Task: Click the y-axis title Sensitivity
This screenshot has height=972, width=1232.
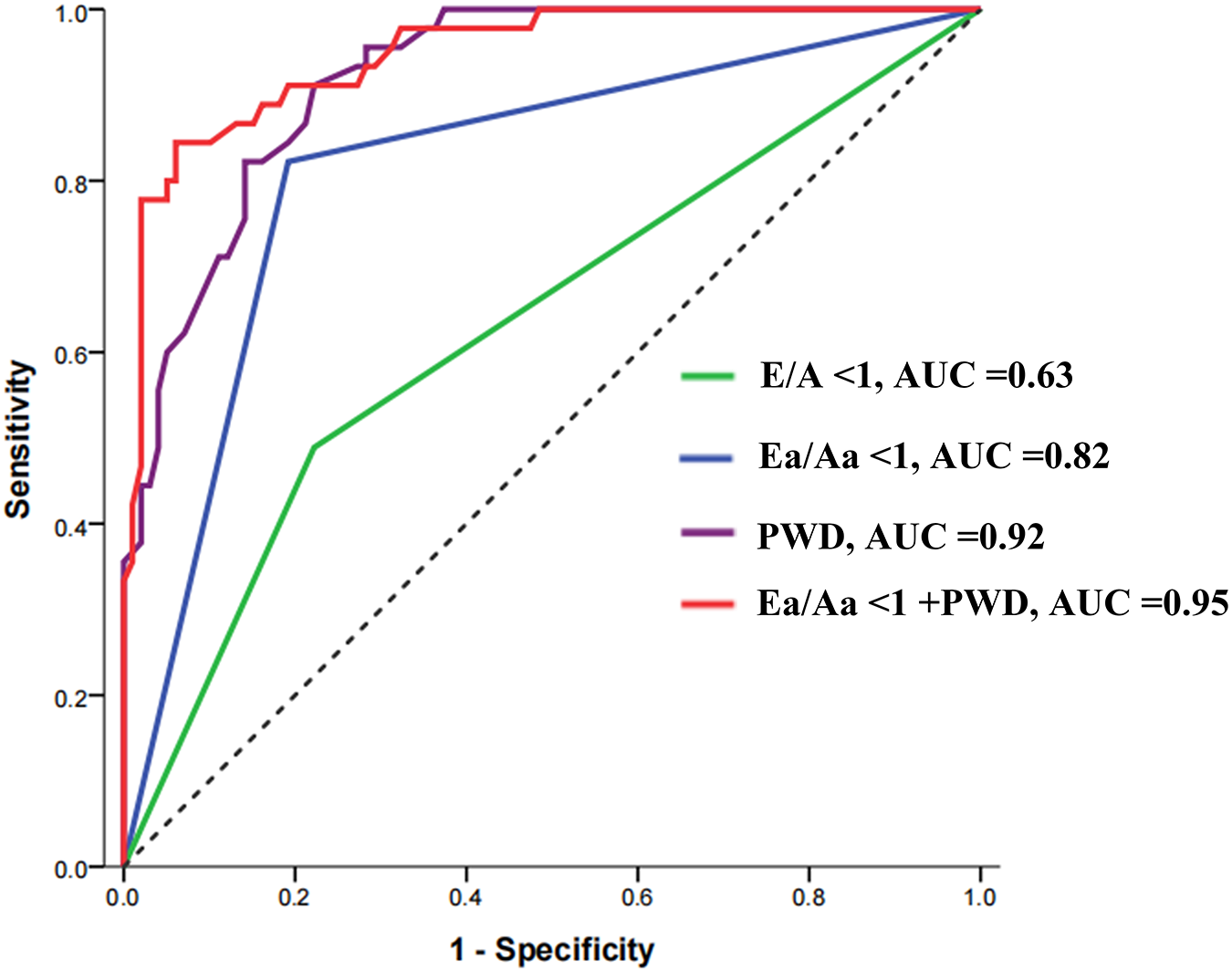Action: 20,440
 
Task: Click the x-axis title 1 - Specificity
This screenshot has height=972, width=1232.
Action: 552,950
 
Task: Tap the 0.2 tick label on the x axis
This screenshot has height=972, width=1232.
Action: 295,898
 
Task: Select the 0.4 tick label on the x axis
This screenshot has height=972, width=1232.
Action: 466,898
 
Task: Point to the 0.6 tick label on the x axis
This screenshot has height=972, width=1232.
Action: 637,898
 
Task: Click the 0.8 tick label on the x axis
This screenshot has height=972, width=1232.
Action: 809,898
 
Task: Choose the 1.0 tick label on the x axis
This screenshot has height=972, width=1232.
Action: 980,898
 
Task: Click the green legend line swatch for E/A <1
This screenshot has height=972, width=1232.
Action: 707,376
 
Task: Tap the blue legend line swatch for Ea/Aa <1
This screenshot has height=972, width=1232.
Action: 707,457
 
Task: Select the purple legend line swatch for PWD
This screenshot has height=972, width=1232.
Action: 707,532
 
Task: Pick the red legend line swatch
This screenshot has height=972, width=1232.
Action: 707,603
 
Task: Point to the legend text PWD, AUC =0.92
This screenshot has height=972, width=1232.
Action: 901,537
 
